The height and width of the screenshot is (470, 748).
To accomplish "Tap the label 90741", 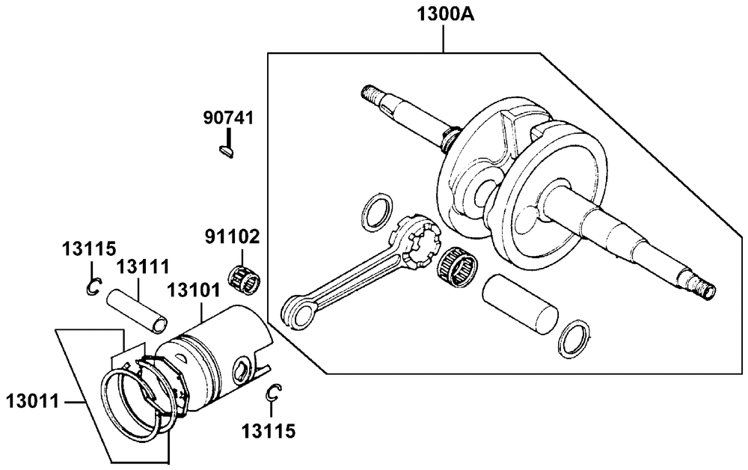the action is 228,117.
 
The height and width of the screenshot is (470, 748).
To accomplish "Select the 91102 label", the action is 233,236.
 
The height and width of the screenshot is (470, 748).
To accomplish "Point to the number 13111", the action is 143,266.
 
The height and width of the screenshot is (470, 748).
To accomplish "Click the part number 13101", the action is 193,290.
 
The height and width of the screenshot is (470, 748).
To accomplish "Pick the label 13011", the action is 32,401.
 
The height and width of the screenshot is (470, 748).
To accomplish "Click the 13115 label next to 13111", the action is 89,248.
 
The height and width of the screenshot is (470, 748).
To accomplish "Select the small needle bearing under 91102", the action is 244,281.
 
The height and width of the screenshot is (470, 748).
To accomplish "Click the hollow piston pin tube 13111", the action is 138,311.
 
